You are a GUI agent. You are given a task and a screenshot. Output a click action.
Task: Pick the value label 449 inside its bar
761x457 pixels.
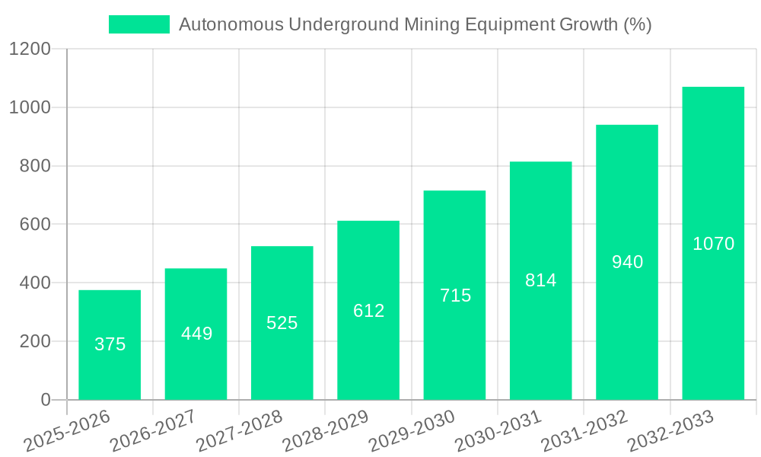(x=196, y=334)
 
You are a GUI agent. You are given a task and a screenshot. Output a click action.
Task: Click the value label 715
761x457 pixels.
(x=455, y=296)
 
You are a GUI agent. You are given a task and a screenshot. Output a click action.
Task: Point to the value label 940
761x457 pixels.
(x=627, y=262)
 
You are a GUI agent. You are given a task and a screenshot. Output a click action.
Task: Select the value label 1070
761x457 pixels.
(x=713, y=244)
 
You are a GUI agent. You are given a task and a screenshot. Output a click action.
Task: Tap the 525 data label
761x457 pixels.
(x=282, y=323)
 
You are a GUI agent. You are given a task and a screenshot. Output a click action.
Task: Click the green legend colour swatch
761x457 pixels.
(x=139, y=24)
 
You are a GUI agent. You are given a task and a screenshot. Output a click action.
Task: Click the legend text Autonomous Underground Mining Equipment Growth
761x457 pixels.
(x=415, y=24)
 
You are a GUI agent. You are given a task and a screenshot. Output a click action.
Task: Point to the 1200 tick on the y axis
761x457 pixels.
(x=30, y=50)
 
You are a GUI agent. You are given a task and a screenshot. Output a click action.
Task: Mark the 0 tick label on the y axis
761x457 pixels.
(x=45, y=400)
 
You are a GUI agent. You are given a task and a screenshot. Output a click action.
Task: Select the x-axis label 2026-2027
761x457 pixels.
(x=153, y=431)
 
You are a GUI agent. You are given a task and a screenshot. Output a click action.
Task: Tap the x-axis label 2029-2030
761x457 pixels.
(x=412, y=431)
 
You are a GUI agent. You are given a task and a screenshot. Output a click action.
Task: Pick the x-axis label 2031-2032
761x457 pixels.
(x=584, y=431)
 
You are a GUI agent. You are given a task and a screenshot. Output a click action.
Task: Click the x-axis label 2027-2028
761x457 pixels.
(x=239, y=431)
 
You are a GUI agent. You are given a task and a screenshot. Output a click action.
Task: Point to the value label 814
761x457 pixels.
(x=541, y=280)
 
